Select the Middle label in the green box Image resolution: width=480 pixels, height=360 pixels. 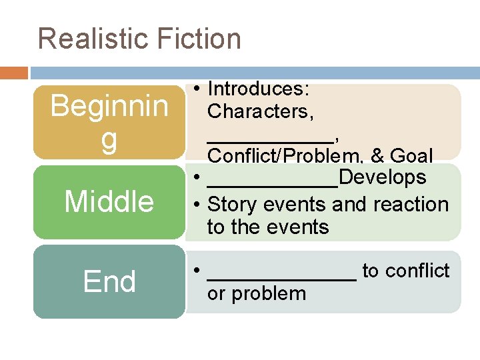pyautogui.click(x=109, y=201)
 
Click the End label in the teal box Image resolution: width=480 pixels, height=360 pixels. pyautogui.click(x=109, y=281)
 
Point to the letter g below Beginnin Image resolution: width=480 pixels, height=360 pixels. pyautogui.click(x=109, y=141)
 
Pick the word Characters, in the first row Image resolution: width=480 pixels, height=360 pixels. pyautogui.click(x=261, y=111)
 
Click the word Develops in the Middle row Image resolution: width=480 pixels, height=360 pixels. pyautogui.click(x=383, y=177)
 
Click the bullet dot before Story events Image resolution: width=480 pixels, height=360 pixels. pyautogui.click(x=198, y=204)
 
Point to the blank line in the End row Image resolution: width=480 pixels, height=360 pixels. pyautogui.click(x=282, y=277)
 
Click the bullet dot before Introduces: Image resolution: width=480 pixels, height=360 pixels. pyautogui.click(x=198, y=89)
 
